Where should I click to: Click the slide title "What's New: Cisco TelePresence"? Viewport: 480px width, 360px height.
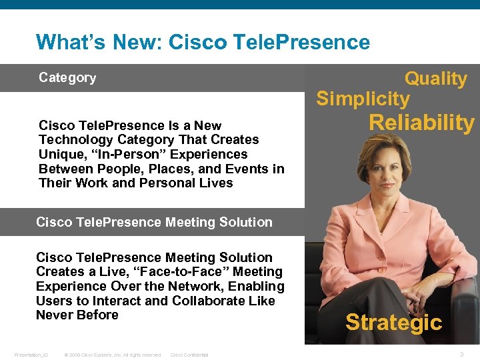(203, 43)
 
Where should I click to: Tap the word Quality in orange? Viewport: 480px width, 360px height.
(436, 79)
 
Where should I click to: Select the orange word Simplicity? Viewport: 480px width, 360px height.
(363, 99)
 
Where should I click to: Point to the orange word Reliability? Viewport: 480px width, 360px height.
(421, 123)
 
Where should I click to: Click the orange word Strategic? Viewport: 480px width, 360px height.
(393, 323)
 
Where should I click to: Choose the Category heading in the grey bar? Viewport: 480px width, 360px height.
(67, 78)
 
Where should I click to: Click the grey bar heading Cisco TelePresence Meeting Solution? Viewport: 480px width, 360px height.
(154, 222)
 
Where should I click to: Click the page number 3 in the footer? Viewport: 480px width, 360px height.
(461, 355)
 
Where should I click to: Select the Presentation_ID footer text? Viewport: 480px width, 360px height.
(31, 355)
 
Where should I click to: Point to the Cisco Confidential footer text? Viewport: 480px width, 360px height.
(189, 355)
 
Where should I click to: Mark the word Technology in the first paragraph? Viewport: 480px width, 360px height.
(73, 139)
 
